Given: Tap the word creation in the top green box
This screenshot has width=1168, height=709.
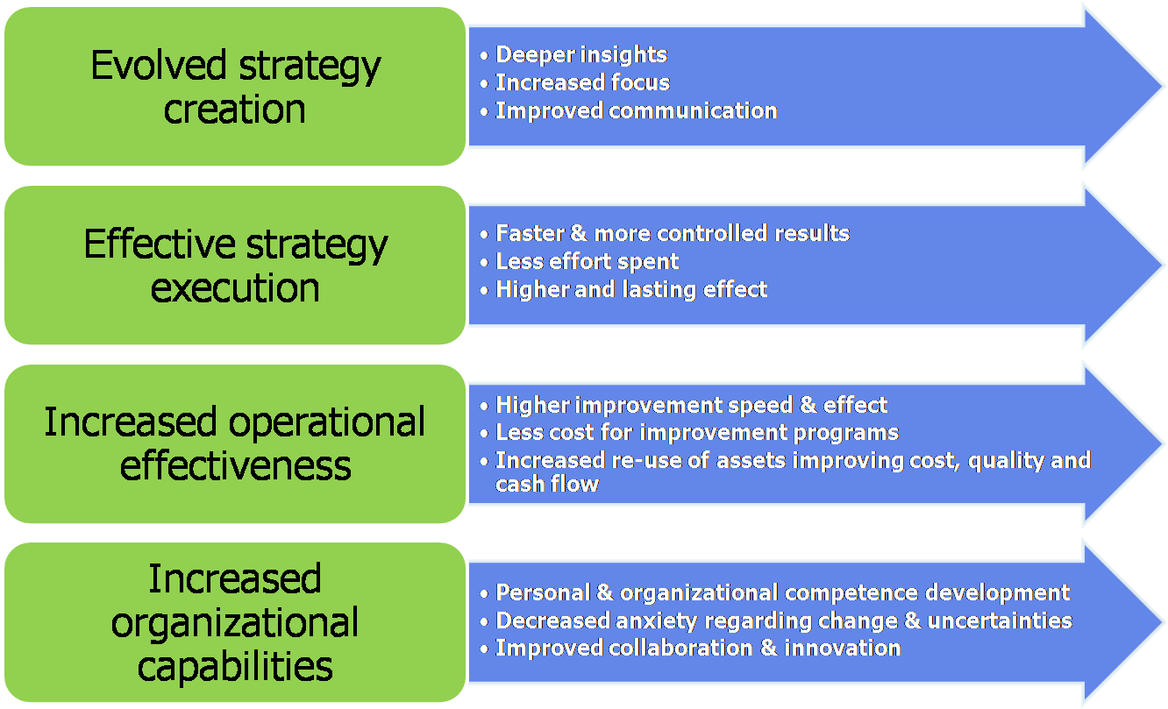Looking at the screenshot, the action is (x=235, y=110).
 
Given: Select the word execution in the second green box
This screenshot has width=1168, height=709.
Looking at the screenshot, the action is (x=235, y=288).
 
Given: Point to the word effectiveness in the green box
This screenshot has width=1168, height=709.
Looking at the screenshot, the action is (x=235, y=465).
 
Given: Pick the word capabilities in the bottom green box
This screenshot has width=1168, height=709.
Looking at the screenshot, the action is (x=235, y=667).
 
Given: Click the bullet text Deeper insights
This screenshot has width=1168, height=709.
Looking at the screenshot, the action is (x=581, y=54).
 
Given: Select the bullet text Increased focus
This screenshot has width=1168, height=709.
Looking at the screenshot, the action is (x=582, y=82).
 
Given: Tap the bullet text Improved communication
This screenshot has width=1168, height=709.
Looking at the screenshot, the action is (x=636, y=110).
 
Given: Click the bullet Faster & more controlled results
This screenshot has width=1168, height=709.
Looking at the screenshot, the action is (x=673, y=233).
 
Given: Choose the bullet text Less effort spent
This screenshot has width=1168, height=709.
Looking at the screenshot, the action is (x=588, y=261).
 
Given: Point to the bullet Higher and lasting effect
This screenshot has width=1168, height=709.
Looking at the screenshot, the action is (x=631, y=289).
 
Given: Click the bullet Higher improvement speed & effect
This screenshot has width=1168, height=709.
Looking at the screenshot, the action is (x=691, y=405).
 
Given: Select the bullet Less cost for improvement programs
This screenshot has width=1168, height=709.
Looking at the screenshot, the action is (x=697, y=433).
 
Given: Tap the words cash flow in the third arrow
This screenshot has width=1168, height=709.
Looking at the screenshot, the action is (x=547, y=485).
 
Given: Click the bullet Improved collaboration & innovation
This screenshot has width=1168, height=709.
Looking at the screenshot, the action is (x=698, y=648).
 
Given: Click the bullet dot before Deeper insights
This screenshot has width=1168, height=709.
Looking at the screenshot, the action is (x=484, y=55).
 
